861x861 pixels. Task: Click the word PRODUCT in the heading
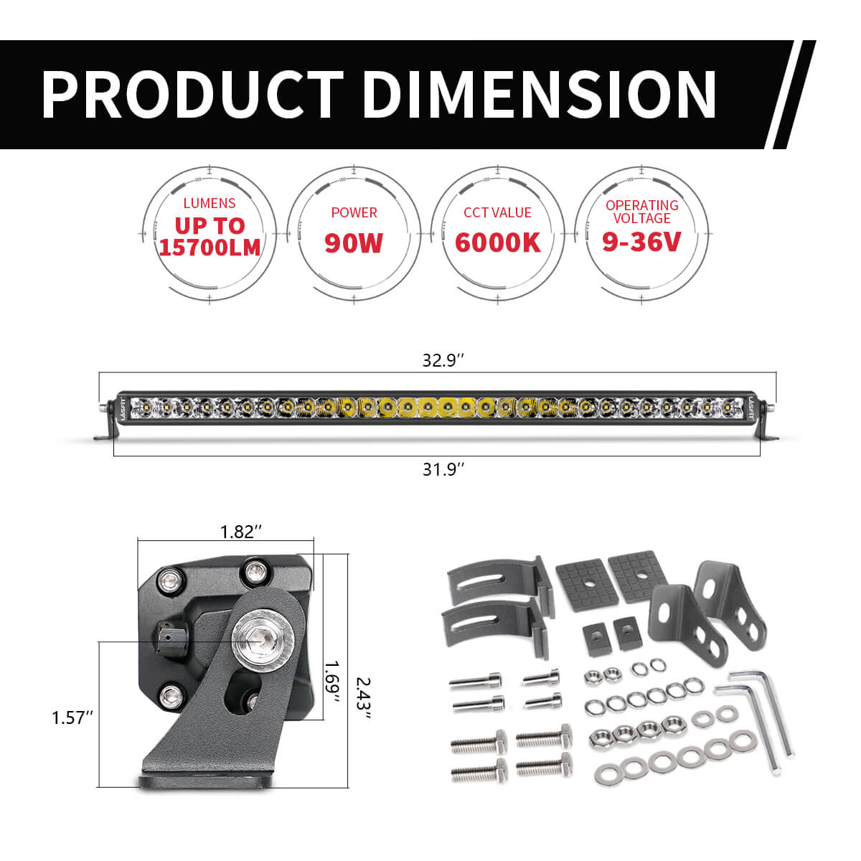[x=192, y=94]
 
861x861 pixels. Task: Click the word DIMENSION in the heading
[x=539, y=94]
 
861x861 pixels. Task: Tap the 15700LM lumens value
[x=210, y=247]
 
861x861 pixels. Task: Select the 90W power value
[x=354, y=243]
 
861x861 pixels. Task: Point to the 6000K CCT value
[x=498, y=243]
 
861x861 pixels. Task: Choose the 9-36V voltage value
[x=641, y=243]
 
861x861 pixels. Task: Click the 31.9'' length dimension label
[x=443, y=469]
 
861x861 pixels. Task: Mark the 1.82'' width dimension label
[x=237, y=532]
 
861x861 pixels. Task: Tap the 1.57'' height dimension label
[x=72, y=717]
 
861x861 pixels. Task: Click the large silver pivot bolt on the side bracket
[x=256, y=636]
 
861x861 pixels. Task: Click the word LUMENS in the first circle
[x=209, y=204]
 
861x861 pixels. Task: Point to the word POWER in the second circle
[x=354, y=212]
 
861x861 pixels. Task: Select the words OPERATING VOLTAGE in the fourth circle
[x=641, y=212]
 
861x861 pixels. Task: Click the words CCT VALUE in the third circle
[x=498, y=212]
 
